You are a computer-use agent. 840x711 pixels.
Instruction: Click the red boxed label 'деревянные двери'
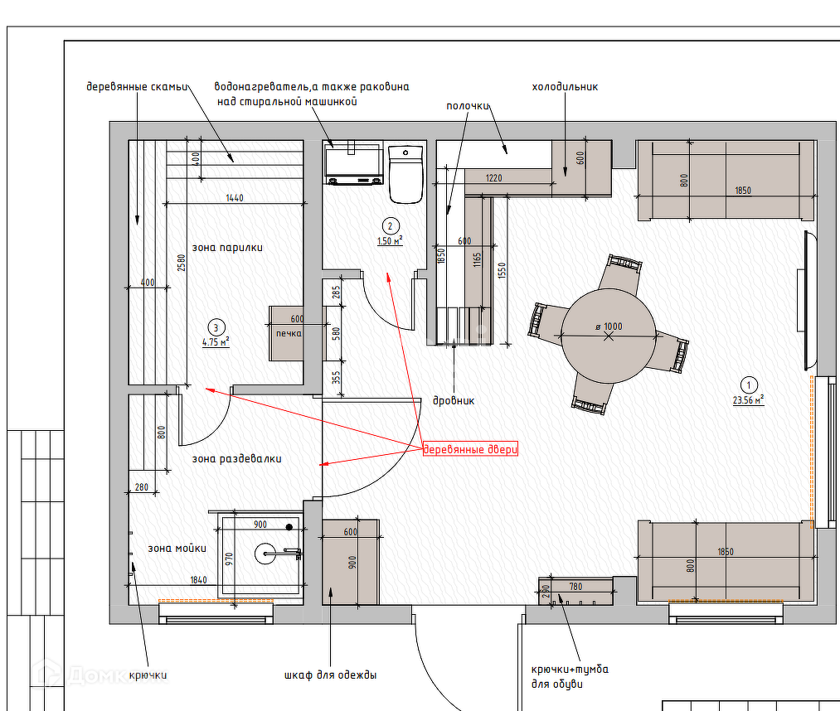click(470, 448)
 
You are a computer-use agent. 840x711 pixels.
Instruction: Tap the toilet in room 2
click(405, 174)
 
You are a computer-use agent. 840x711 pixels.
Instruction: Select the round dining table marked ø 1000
click(609, 336)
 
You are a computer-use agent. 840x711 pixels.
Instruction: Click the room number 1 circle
click(749, 385)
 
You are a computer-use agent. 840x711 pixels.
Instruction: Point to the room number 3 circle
click(216, 327)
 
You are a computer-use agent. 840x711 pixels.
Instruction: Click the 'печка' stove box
click(287, 333)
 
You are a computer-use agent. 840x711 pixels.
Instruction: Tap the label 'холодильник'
click(565, 87)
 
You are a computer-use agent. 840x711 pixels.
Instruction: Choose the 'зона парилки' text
click(227, 247)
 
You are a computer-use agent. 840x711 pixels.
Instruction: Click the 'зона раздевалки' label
click(237, 459)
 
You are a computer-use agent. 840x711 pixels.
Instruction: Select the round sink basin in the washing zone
click(265, 554)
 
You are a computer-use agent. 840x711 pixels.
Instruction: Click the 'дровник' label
click(454, 401)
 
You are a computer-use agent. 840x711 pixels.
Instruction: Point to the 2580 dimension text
click(181, 263)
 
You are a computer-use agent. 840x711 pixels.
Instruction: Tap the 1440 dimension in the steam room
click(234, 198)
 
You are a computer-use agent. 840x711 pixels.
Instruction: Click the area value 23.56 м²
click(749, 400)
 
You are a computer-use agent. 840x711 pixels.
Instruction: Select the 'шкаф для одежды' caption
click(331, 675)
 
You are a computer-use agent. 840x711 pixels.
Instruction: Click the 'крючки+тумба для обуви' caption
click(570, 677)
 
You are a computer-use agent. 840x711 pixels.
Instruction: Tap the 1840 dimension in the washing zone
click(198, 580)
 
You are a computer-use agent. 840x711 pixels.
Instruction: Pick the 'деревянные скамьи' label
click(137, 87)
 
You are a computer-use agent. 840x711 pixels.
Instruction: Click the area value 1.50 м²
click(390, 241)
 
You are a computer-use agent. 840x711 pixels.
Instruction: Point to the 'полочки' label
click(468, 106)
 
